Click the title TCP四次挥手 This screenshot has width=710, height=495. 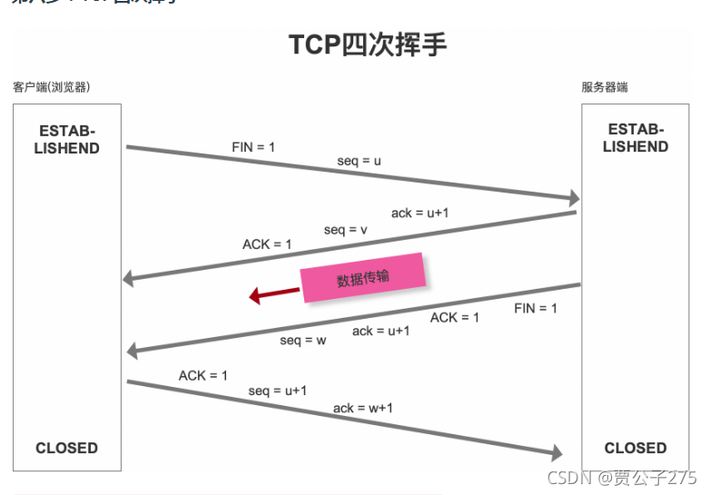coord(367,45)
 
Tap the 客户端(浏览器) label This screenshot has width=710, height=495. coord(51,87)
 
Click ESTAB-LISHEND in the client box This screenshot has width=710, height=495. coord(67,139)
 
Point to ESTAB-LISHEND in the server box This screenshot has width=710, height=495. coord(636,138)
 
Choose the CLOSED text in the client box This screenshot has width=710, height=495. coord(66,448)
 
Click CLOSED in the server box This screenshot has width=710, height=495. coord(636,448)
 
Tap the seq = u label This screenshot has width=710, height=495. coord(359,161)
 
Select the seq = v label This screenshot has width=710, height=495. coord(345,230)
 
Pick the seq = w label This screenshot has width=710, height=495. coord(302,341)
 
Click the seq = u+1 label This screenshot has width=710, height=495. coord(278,391)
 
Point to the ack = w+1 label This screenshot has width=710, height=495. coord(363,408)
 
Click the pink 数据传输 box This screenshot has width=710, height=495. coord(363,278)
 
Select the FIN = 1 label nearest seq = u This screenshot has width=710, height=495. coord(253,147)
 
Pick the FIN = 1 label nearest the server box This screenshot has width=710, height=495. coord(536,309)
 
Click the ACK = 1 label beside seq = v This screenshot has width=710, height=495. coord(267,244)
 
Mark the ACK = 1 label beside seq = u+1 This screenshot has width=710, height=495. coord(203,375)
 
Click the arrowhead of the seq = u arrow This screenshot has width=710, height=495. coord(573,198)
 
